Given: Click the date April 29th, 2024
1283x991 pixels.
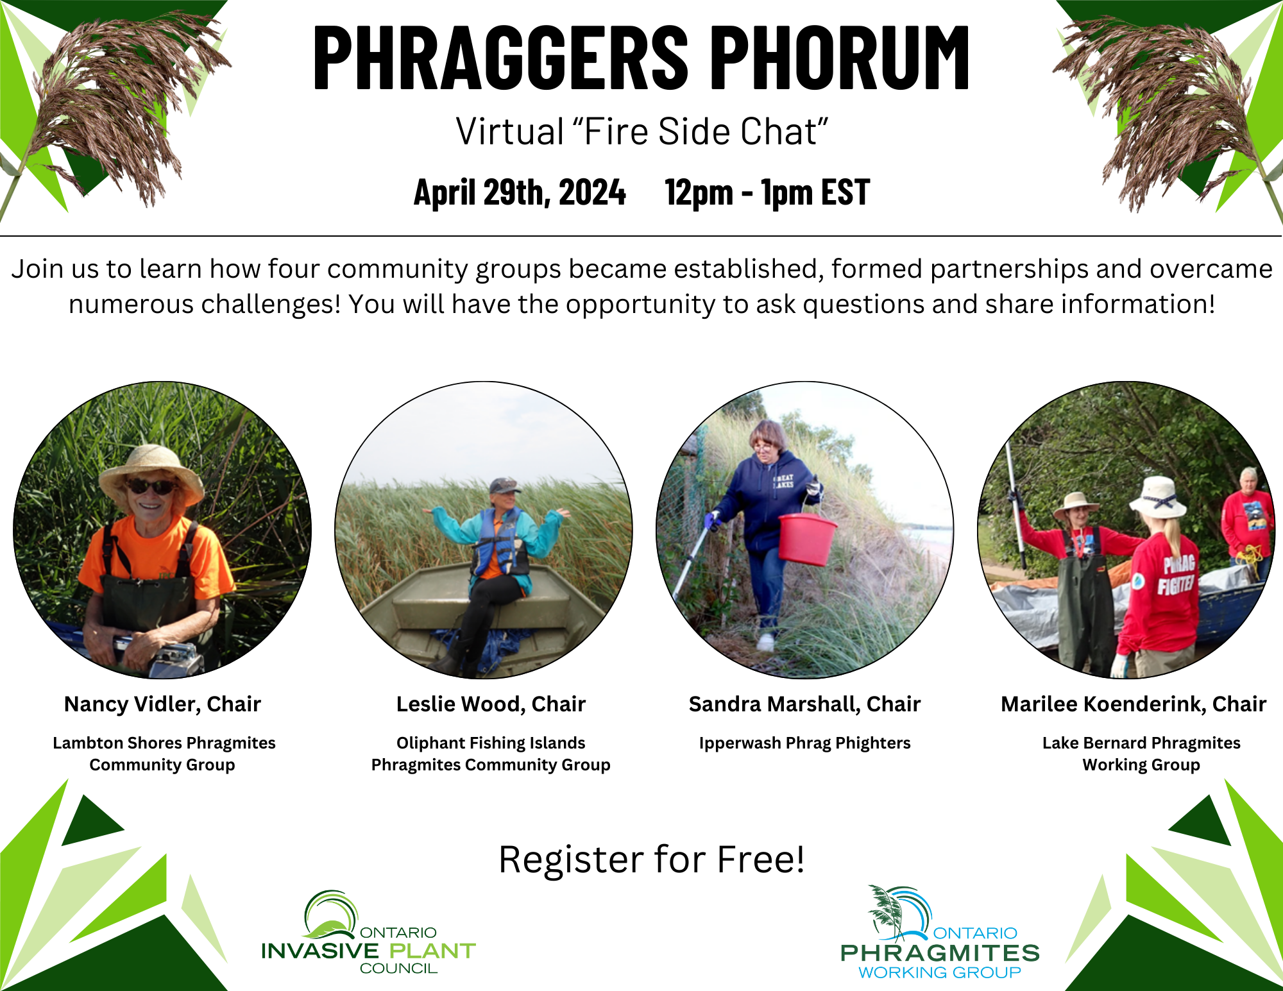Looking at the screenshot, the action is [x=520, y=192].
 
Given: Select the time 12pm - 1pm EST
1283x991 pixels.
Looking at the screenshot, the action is [x=767, y=192].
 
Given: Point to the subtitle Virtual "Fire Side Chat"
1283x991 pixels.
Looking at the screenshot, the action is [x=641, y=131].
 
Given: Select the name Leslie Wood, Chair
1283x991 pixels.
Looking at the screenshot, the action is [x=491, y=704].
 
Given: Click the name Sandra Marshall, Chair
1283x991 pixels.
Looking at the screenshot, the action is [x=804, y=704].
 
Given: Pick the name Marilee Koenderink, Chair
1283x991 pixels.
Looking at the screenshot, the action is [x=1134, y=704].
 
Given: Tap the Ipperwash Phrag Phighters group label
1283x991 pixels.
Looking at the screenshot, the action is [x=804, y=743].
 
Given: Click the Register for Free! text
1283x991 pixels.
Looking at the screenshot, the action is [x=651, y=860].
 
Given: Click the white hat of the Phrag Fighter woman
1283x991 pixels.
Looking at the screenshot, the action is [x=1157, y=497].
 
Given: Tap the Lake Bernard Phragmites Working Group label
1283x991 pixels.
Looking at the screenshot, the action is [x=1141, y=754].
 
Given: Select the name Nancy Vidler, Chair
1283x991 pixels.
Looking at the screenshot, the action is [x=162, y=704].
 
